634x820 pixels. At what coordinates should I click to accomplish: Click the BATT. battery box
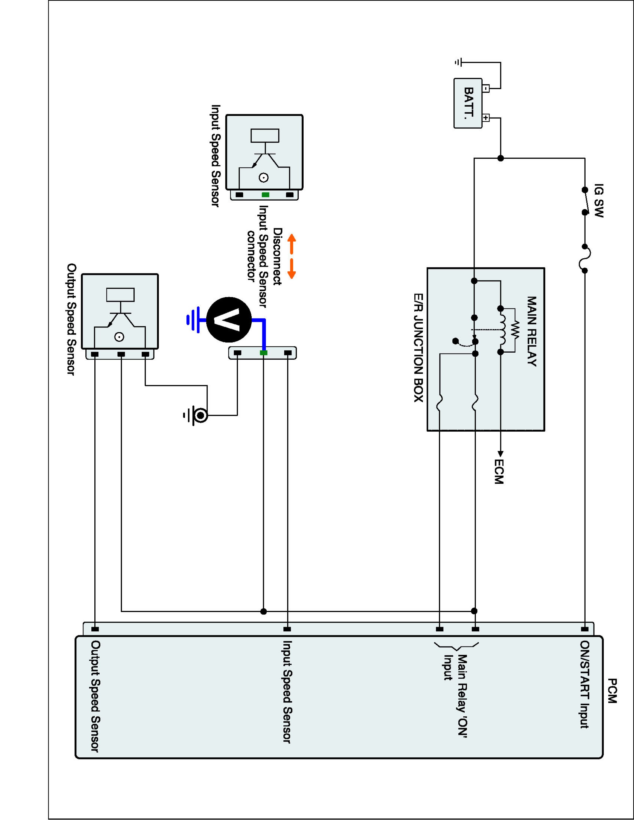point(468,103)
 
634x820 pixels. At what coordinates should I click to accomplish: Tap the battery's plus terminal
point(486,118)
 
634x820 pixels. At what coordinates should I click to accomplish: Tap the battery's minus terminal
point(486,89)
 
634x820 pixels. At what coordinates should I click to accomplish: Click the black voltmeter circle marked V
point(229,320)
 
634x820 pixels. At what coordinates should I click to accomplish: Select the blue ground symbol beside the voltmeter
point(193,320)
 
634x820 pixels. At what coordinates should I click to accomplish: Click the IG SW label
point(599,201)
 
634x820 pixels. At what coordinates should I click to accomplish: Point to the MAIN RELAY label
point(531,331)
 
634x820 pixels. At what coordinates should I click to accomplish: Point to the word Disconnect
point(277,257)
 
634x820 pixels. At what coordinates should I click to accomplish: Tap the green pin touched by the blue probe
point(264,353)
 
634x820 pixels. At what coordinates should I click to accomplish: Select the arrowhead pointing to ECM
point(500,453)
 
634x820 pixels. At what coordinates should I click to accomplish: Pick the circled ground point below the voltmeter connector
point(201,415)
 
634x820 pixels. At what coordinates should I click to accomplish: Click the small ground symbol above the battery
point(458,62)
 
